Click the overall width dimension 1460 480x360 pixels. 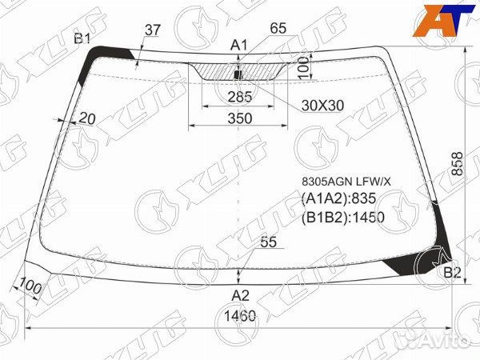(240, 316)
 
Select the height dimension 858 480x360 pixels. (458, 164)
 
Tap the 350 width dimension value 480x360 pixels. (240, 118)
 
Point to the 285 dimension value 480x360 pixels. (240, 97)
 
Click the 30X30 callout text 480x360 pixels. (322, 106)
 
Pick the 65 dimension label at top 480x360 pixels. (278, 28)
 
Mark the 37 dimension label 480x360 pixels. (153, 30)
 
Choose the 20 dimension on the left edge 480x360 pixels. (87, 118)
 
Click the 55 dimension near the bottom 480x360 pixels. (269, 242)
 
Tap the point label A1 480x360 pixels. (238, 46)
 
